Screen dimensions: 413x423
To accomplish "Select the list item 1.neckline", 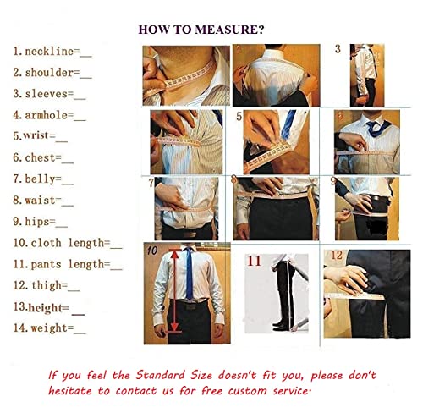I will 50,52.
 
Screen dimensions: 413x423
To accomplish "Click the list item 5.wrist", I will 40,135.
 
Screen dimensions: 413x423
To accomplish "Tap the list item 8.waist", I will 43,201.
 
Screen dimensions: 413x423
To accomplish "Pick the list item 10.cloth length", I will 67,243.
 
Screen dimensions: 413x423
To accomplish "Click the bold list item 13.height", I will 47,307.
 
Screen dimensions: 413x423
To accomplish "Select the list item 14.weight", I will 48,328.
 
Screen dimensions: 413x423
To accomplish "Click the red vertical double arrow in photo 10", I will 175,289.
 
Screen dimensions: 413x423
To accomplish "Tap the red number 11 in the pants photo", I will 254,261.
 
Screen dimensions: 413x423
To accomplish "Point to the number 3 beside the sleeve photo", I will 338,49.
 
